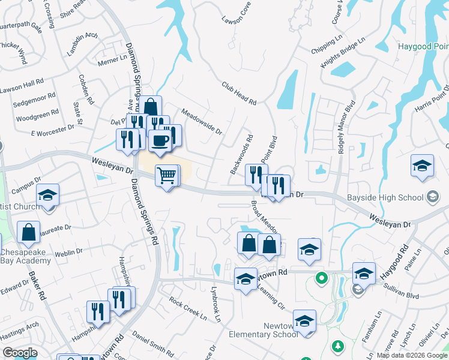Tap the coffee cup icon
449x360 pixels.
click(160, 140)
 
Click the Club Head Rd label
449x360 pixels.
click(238, 94)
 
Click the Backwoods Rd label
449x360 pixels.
click(241, 154)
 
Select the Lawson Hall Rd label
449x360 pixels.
click(22, 81)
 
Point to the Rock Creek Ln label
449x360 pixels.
click(187, 308)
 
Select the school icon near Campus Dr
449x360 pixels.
click(47, 196)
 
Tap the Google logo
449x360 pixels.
click(19, 353)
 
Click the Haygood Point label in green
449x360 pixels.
click(423, 47)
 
